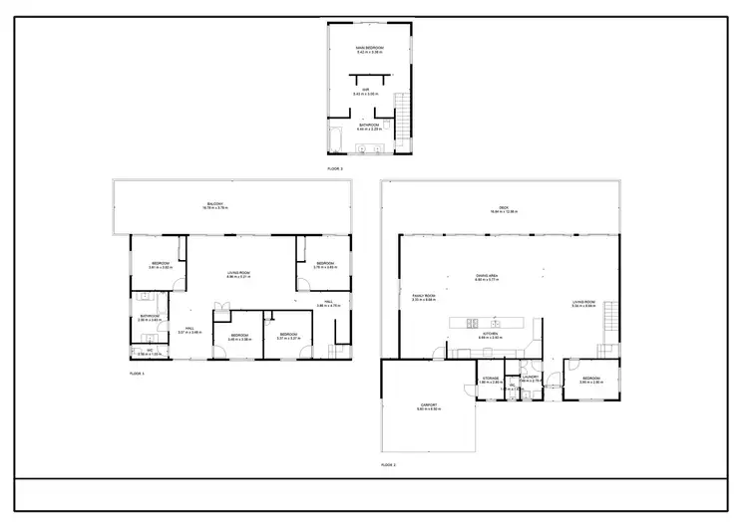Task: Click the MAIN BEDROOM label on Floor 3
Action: [369, 48]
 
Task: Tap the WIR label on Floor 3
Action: [366, 90]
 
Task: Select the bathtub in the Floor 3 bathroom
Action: [336, 138]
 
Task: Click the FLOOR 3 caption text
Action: [335, 169]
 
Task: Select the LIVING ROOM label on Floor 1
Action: [237, 273]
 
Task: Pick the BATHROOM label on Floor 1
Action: [150, 317]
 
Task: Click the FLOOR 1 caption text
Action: [137, 373]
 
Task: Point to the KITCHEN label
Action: [491, 336]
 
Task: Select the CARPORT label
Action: [429, 405]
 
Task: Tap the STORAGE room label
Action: [491, 379]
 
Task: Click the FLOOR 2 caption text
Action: [389, 464]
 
